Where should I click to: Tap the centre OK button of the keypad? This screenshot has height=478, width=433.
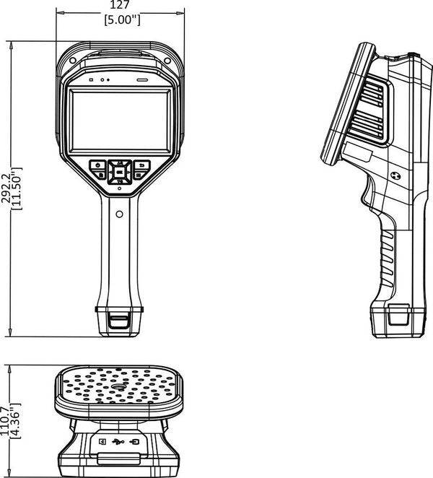tap(118, 173)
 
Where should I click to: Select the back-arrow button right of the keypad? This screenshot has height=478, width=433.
tap(141, 165)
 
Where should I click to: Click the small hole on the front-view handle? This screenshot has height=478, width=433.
tap(119, 213)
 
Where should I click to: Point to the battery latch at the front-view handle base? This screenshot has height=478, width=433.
tap(119, 318)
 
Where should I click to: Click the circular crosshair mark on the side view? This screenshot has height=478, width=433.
tap(395, 174)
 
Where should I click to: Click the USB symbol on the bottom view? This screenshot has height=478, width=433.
tap(118, 442)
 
